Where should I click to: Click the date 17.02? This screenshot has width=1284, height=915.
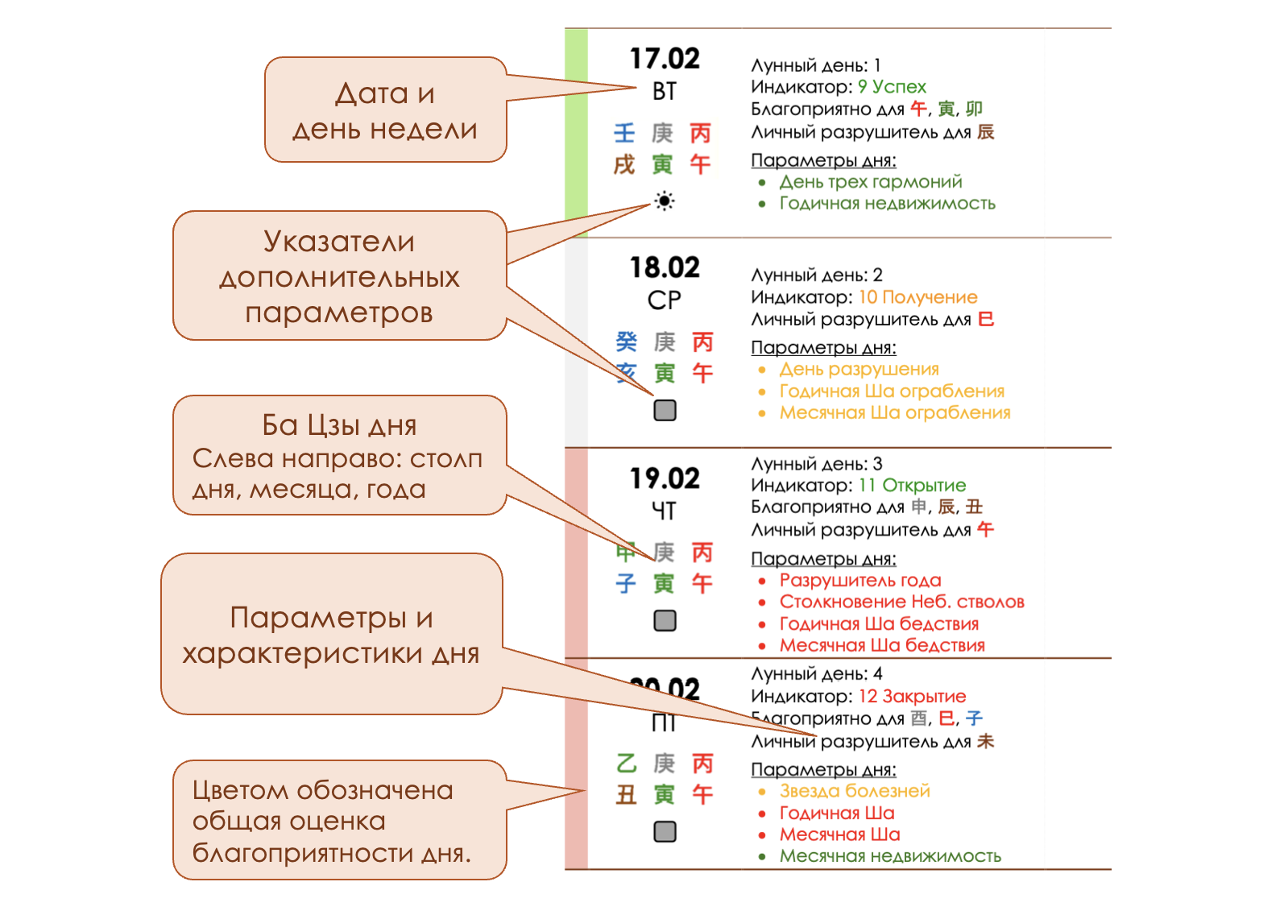(665, 59)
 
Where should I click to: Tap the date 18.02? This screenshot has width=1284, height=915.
(665, 267)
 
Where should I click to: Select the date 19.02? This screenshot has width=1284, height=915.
(665, 478)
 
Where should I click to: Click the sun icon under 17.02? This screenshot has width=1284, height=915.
(664, 201)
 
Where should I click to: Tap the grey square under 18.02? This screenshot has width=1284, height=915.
(665, 410)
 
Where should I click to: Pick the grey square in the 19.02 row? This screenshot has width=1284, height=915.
(665, 620)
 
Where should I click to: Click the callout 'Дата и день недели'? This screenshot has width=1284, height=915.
(385, 110)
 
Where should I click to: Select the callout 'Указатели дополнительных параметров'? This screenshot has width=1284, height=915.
(339, 276)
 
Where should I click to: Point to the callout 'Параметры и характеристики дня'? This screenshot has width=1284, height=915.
(331, 635)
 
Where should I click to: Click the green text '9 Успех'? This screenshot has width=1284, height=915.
(892, 87)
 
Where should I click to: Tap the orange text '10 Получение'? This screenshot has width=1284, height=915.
(917, 297)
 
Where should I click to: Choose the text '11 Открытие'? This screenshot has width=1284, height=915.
(912, 485)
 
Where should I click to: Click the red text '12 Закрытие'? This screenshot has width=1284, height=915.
(912, 696)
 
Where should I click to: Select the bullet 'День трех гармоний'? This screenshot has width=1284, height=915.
(870, 182)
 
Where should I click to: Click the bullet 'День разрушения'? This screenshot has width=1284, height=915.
(859, 369)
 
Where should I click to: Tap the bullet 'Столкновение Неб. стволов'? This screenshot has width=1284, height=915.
(901, 602)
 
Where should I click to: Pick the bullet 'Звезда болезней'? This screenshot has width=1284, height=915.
(854, 791)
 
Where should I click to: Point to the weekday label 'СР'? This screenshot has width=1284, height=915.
(665, 300)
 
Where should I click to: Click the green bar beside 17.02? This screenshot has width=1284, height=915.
(576, 133)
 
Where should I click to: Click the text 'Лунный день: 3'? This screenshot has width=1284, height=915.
(816, 464)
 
